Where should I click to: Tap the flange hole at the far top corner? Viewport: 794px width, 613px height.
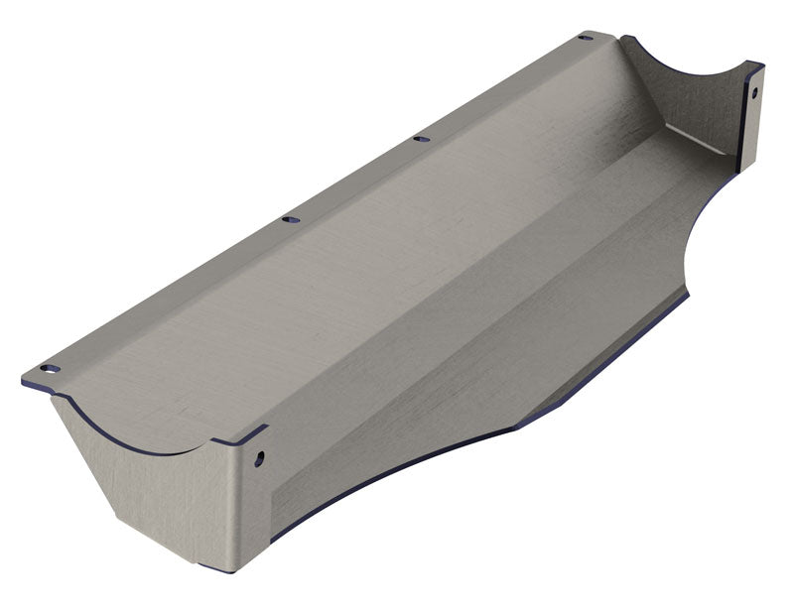[x=586, y=38]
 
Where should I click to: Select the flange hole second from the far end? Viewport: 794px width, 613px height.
[x=421, y=139]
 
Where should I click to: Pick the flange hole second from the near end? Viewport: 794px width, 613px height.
[x=290, y=219]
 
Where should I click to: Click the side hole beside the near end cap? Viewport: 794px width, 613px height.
[x=260, y=459]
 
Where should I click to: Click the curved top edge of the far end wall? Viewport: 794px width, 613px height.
[x=685, y=65]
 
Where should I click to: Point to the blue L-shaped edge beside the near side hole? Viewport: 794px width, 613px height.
[x=243, y=436]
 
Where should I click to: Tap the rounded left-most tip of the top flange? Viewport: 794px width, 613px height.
[x=24, y=379]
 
